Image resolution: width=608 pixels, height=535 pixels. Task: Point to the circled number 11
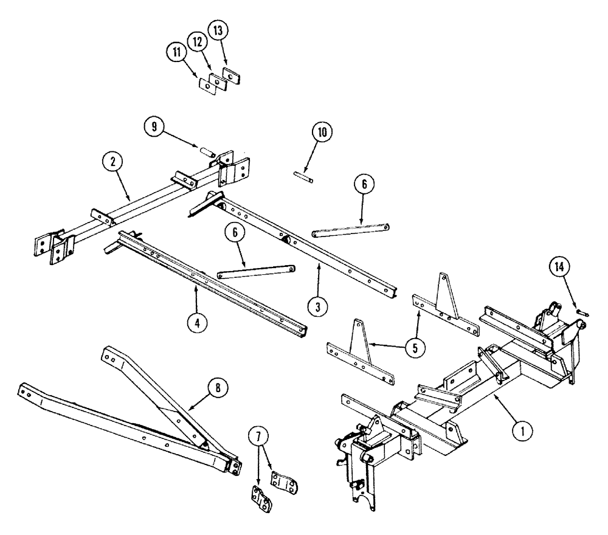tap(176, 53)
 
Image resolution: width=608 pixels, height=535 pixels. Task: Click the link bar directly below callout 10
tap(350, 230)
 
